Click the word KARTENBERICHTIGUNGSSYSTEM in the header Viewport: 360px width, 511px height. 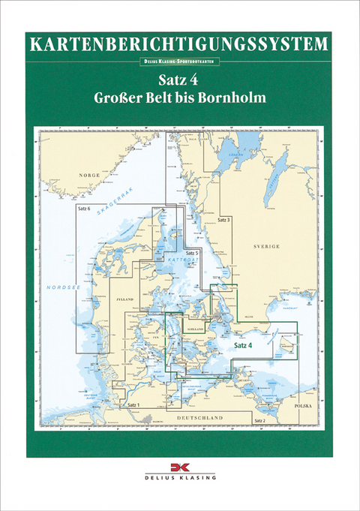tap(179, 44)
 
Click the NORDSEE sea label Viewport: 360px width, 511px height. tap(58, 288)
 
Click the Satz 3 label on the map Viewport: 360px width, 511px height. tap(223, 219)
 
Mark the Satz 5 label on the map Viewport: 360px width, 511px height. tap(192, 254)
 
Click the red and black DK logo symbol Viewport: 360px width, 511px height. tap(179, 467)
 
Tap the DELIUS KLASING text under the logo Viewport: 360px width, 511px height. tap(179, 477)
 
